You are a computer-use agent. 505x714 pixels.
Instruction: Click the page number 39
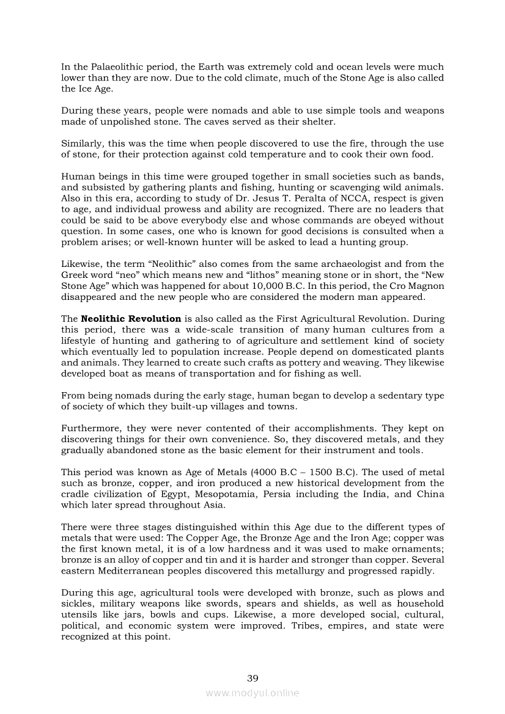point(253,677)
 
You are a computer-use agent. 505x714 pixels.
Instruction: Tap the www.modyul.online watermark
point(253,693)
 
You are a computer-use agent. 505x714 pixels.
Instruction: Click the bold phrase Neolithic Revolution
point(131,318)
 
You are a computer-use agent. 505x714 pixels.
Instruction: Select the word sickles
point(75,604)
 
